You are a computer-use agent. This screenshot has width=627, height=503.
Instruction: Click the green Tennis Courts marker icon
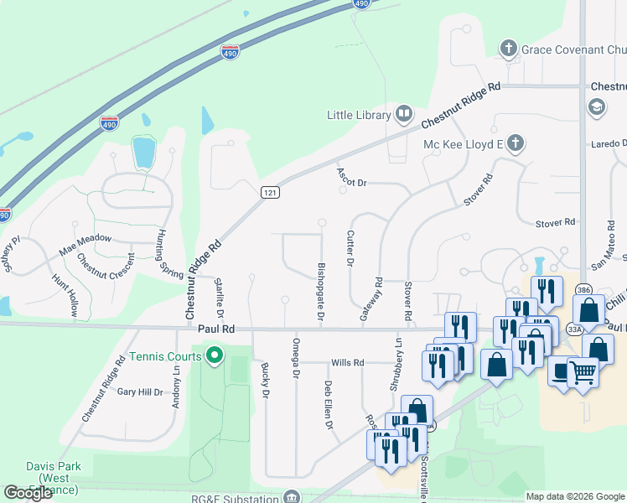click(x=215, y=356)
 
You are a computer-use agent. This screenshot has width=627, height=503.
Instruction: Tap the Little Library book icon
click(x=404, y=114)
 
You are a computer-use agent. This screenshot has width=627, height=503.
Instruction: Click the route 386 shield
click(x=583, y=290)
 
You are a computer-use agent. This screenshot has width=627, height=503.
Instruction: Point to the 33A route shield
click(x=573, y=330)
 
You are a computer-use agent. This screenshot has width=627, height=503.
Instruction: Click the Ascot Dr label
click(x=353, y=181)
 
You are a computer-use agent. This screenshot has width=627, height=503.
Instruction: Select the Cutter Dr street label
click(x=350, y=249)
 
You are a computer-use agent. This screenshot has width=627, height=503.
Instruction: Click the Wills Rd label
click(x=348, y=363)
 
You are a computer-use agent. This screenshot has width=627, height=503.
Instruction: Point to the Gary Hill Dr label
click(x=140, y=392)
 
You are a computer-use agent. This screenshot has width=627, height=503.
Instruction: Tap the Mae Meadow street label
click(x=85, y=239)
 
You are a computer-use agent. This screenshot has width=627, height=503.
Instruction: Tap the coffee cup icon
click(x=561, y=368)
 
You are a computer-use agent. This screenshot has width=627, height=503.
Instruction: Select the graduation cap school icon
click(x=597, y=106)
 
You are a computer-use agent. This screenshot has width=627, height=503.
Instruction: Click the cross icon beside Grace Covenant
click(x=508, y=49)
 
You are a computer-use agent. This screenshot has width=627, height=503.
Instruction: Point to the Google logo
click(x=28, y=493)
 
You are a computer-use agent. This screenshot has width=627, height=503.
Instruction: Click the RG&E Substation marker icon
click(x=291, y=498)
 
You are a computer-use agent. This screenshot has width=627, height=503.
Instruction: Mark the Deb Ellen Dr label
click(x=329, y=407)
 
